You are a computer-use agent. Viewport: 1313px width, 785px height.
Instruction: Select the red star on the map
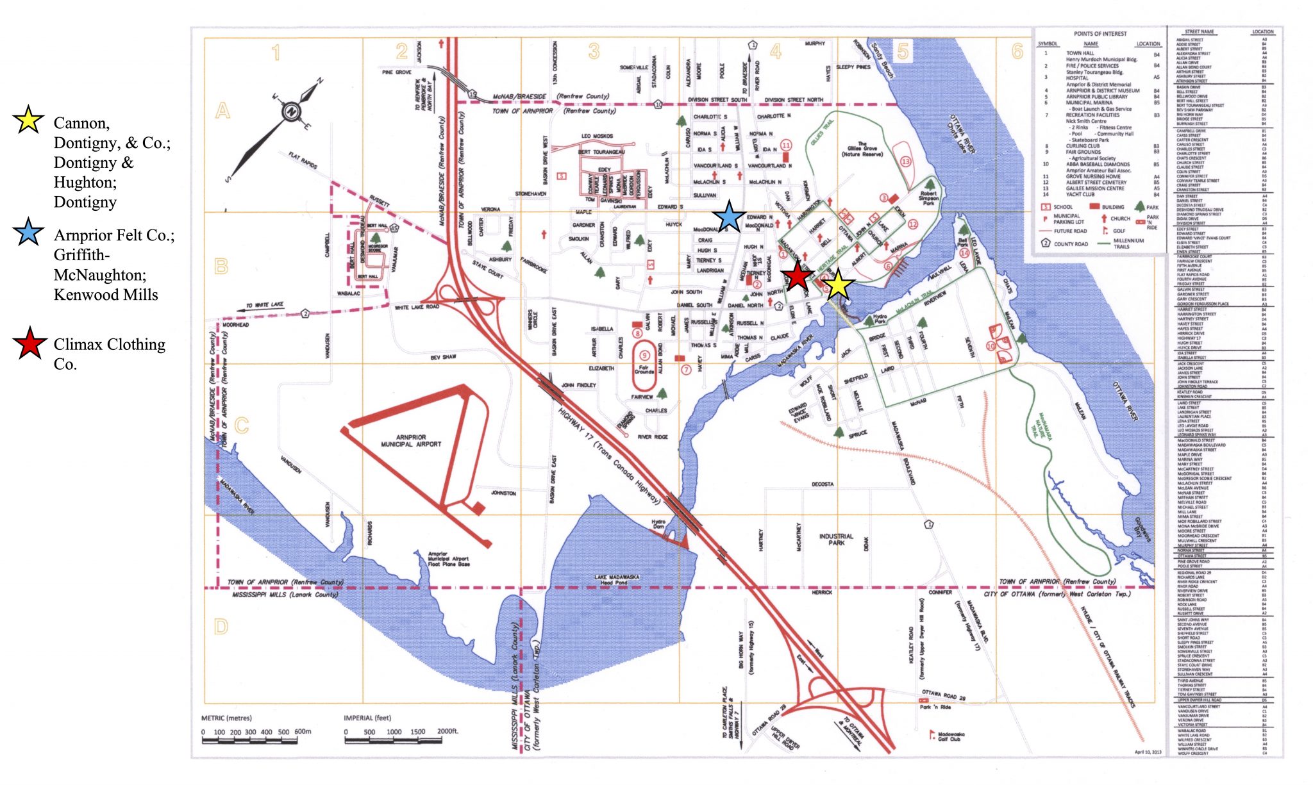(x=797, y=276)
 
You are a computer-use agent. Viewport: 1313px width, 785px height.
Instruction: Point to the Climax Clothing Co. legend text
(x=109, y=354)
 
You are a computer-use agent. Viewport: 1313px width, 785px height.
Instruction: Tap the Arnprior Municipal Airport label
(x=411, y=440)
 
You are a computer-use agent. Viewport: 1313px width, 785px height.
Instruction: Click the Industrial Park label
(x=836, y=540)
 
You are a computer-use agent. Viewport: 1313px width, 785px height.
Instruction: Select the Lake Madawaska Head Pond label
(x=616, y=580)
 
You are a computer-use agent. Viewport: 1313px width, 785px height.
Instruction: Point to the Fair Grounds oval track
(x=644, y=367)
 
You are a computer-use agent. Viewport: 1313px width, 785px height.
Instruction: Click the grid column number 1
(x=276, y=52)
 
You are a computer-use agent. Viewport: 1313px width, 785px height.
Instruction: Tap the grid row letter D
(x=221, y=627)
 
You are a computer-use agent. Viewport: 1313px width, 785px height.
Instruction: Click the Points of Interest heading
(x=1100, y=34)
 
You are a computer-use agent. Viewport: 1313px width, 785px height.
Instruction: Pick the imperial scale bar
(x=393, y=741)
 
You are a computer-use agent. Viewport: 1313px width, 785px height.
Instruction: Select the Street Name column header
(x=1199, y=31)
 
